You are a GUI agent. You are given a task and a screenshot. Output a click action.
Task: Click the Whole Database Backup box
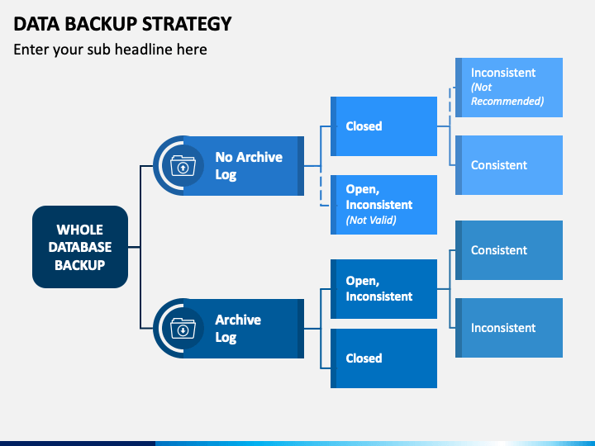pos(80,247)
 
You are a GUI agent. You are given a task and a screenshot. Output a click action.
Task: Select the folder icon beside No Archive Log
pos(183,166)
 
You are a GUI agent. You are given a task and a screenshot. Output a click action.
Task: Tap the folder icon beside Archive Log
pos(183,328)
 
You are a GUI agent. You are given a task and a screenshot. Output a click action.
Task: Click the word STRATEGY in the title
pos(187,24)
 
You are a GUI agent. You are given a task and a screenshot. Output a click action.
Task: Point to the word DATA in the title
pos(37,24)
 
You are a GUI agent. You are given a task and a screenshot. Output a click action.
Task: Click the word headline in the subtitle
pos(143,50)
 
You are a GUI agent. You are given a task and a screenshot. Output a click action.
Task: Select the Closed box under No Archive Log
pos(383,126)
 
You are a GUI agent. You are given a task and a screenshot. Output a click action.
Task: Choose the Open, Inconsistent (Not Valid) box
pos(383,205)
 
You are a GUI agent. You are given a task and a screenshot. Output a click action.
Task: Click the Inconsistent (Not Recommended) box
pos(509,88)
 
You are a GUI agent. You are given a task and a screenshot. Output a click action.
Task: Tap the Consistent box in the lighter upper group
pos(509,165)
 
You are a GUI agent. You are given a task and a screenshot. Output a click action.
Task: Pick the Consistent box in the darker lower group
pos(509,250)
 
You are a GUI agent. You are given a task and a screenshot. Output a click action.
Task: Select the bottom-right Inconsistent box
pos(509,328)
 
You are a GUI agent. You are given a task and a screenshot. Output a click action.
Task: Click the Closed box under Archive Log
pos(383,358)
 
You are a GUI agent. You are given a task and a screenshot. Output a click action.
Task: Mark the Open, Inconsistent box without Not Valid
pos(383,289)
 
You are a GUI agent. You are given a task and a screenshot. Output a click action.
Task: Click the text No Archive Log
pos(249,166)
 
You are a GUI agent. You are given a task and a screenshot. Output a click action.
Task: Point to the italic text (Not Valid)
pos(371,220)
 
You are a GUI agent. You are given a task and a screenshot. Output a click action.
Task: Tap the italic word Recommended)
pos(507,102)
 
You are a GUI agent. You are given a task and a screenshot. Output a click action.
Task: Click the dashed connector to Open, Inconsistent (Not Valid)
pos(321,186)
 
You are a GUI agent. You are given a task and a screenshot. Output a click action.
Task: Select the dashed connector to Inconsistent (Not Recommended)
pos(450,107)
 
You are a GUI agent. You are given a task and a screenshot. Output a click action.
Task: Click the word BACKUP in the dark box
pos(79,265)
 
